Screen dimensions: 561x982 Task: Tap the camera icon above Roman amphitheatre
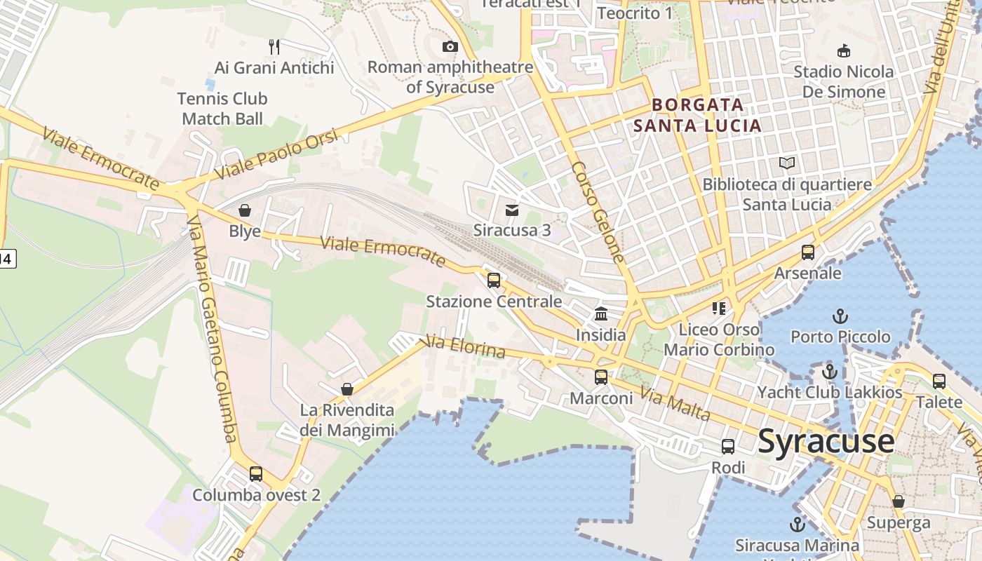click(x=450, y=47)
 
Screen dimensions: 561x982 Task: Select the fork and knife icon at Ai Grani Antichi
click(x=274, y=47)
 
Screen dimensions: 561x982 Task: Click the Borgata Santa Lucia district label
click(x=697, y=116)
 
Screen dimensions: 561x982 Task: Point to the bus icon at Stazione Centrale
click(x=494, y=280)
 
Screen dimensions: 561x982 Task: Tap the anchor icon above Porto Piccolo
click(x=840, y=316)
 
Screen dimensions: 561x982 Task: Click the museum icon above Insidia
click(x=601, y=313)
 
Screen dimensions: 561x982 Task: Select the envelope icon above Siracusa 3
click(x=512, y=210)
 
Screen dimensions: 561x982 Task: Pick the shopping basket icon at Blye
click(x=245, y=210)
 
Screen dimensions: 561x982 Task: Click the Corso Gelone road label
click(x=598, y=212)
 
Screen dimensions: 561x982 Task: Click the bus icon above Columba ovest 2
click(x=256, y=474)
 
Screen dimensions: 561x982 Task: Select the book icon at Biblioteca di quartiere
click(x=787, y=163)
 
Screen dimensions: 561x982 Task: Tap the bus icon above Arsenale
click(x=808, y=252)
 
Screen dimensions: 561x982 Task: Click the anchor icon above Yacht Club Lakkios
click(x=830, y=372)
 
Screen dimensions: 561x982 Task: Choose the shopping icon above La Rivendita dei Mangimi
click(x=347, y=388)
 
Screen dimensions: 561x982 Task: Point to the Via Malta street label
click(x=675, y=405)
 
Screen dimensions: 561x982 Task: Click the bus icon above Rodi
click(x=728, y=446)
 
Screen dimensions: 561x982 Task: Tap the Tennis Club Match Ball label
click(x=222, y=109)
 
